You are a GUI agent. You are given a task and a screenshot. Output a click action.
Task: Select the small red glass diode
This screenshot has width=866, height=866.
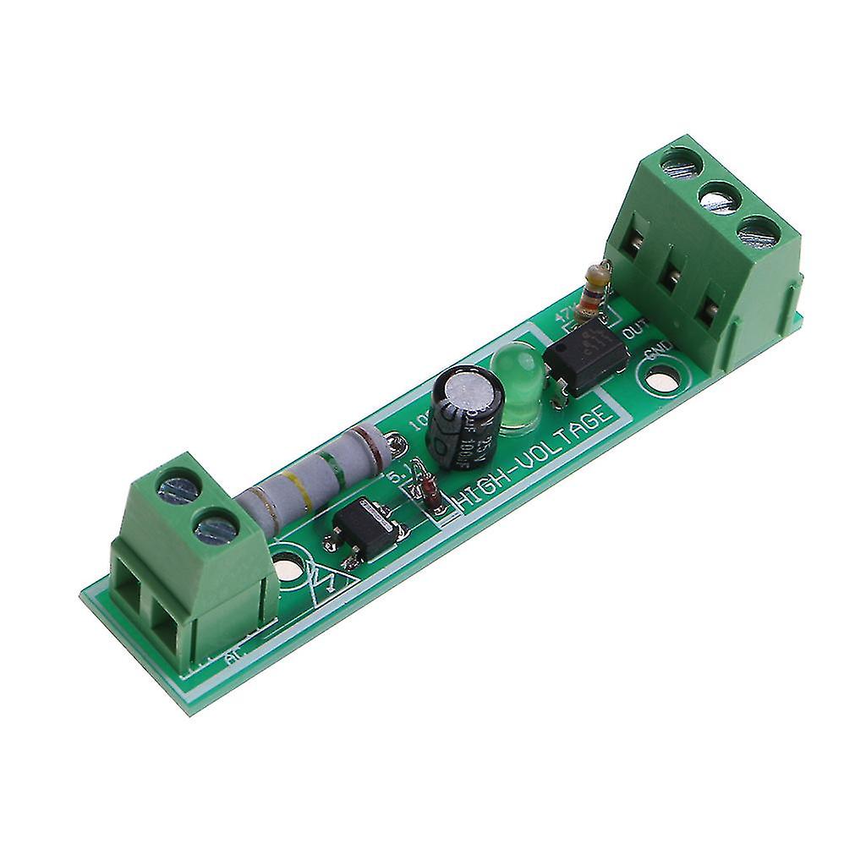tap(429, 495)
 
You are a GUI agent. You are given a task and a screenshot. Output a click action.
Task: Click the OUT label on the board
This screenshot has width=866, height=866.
tap(633, 328)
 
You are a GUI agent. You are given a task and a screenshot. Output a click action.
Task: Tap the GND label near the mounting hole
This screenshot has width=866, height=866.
tap(658, 351)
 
